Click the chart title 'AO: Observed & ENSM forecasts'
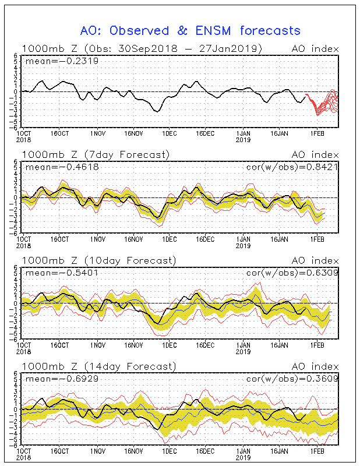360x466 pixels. click(x=190, y=30)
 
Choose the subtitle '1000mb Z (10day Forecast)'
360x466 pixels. click(x=98, y=260)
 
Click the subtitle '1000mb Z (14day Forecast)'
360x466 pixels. click(x=98, y=366)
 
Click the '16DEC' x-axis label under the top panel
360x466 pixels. click(x=205, y=133)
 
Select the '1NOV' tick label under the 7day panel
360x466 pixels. click(x=98, y=239)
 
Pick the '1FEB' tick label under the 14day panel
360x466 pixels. click(x=316, y=451)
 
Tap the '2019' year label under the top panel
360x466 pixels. click(x=243, y=139)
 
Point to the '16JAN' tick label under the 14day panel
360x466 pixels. click(x=280, y=451)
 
